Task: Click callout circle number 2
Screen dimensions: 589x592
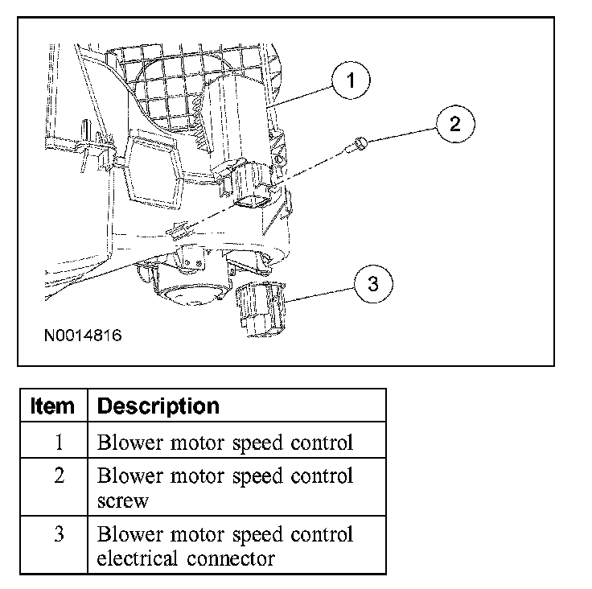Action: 454,123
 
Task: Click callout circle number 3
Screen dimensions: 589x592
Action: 372,283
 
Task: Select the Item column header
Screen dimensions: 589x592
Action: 52,406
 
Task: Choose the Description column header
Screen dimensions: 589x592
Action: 158,406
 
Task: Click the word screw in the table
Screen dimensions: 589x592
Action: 121,500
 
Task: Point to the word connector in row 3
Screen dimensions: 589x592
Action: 234,558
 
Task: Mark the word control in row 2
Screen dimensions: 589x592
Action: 320,475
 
